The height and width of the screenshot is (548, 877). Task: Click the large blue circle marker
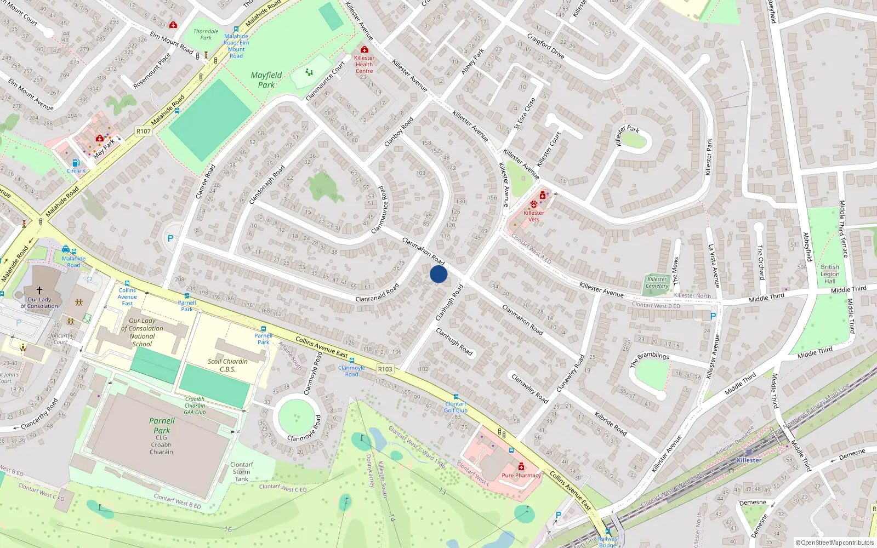[x=438, y=274]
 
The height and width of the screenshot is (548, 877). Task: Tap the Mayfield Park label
[x=266, y=80]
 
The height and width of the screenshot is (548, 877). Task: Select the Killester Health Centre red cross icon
[x=365, y=50]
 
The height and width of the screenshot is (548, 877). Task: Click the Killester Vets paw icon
[x=533, y=204]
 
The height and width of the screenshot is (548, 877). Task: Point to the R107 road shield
[x=144, y=131]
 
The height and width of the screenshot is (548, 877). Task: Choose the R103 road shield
[x=385, y=369]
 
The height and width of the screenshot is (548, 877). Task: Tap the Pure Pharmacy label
[x=521, y=476]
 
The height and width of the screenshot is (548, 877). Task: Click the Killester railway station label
[x=749, y=460]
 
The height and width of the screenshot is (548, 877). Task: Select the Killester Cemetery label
[x=657, y=283]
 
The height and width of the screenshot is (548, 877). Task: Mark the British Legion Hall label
[x=830, y=274]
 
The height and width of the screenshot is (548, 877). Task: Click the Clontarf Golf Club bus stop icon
[x=456, y=397]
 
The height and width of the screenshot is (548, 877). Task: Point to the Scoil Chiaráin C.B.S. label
[x=228, y=366]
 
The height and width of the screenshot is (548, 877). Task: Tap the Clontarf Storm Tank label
[x=242, y=472]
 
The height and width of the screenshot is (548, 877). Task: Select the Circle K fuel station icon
[x=76, y=163]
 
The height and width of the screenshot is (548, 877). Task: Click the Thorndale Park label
[x=206, y=35]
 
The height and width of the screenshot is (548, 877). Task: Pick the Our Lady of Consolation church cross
[x=39, y=290]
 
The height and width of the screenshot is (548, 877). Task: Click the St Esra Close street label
[x=525, y=113]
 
